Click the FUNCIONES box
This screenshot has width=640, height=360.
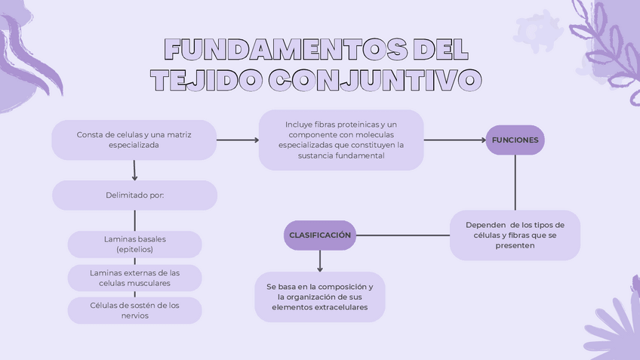tap(515, 140)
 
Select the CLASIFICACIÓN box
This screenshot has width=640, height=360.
tap(320, 235)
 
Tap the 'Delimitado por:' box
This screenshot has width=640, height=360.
tap(134, 195)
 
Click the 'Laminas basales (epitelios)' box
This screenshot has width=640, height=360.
tap(134, 244)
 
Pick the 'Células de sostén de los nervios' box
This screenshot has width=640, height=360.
tap(134, 310)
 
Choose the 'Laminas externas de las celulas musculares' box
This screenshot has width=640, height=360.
tap(134, 278)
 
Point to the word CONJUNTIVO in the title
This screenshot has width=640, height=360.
tap(374, 80)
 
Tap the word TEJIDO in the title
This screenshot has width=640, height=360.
tap(204, 80)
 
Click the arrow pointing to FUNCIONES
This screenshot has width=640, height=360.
tap(453, 140)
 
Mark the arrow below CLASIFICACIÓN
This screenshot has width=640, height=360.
tap(320, 260)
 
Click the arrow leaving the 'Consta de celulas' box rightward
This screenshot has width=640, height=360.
tap(237, 140)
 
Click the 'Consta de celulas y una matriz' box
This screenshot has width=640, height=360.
tap(134, 140)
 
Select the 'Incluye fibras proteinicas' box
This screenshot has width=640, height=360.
tap(341, 140)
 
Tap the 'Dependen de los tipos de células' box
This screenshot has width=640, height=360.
tap(515, 235)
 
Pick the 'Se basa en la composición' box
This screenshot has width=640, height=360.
tap(320, 297)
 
